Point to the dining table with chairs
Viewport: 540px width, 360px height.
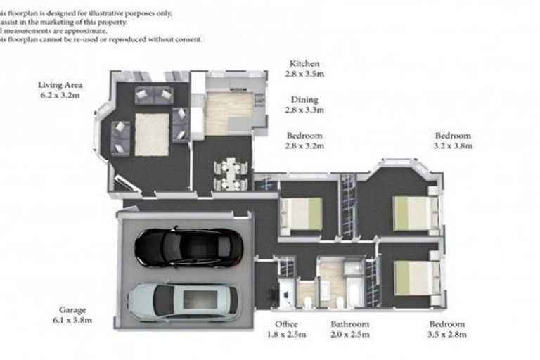pyautogui.click(x=230, y=174)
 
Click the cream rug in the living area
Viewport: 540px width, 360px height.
pyautogui.click(x=151, y=134)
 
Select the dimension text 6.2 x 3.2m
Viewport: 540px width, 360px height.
pyautogui.click(x=59, y=95)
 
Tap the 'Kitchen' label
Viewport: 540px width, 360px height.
pyautogui.click(x=304, y=63)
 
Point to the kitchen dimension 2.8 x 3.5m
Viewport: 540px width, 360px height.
pyautogui.click(x=304, y=73)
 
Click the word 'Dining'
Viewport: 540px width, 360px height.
pyautogui.click(x=304, y=100)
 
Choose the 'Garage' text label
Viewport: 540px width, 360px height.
pyautogui.click(x=72, y=310)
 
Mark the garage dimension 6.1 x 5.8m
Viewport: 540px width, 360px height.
pyautogui.click(x=72, y=320)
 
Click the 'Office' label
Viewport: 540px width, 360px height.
pyautogui.click(x=287, y=324)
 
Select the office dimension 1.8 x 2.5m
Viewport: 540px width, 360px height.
pyautogui.click(x=287, y=335)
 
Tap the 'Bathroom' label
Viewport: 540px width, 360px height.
pyautogui.click(x=350, y=324)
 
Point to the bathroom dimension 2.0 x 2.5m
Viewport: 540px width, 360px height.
pyautogui.click(x=350, y=335)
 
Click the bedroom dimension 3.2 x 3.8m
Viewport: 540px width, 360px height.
pyautogui.click(x=453, y=146)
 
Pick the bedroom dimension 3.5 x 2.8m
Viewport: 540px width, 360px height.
pyautogui.click(x=448, y=335)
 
